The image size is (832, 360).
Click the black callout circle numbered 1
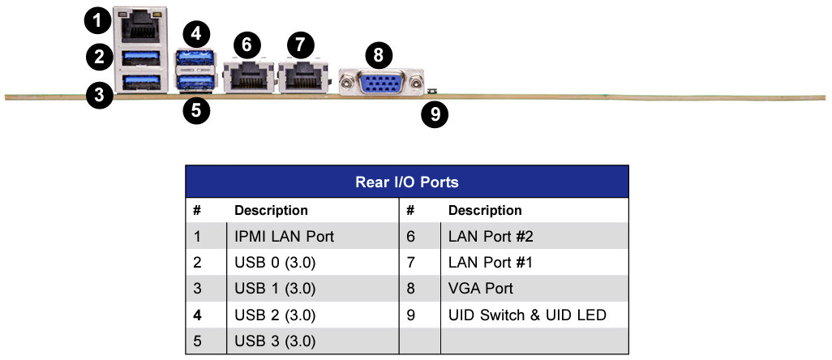click(x=98, y=19)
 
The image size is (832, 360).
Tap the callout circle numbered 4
click(x=196, y=34)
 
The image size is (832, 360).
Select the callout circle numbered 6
click(x=247, y=44)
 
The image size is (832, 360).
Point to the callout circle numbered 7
click(x=301, y=44)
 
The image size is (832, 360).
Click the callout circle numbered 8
click(x=378, y=55)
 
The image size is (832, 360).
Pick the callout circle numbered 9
click(x=435, y=114)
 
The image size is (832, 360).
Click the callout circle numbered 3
click(x=99, y=96)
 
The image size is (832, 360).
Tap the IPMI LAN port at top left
click(x=140, y=26)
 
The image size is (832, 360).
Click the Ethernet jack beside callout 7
click(x=302, y=77)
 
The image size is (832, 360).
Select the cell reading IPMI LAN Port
click(x=284, y=238)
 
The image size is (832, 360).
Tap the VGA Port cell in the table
click(x=480, y=288)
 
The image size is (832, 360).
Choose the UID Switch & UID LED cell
click(x=527, y=315)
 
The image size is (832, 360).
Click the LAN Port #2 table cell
click(x=491, y=238)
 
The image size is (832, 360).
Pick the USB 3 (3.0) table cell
click(x=275, y=341)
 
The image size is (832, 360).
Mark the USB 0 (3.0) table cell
click(x=275, y=263)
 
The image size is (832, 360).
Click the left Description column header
click(x=271, y=211)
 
